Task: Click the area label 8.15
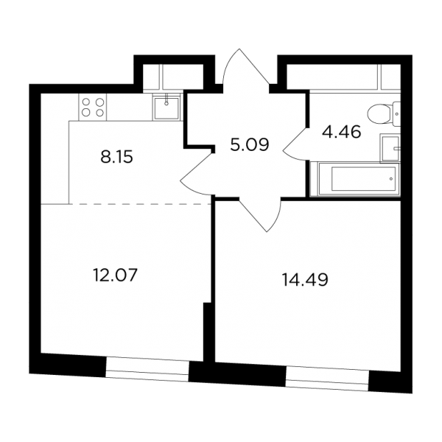coord(116,157)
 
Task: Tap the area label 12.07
coord(115,275)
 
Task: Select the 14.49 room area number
coord(305,280)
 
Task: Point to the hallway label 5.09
coord(250,145)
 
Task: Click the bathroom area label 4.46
coord(341,132)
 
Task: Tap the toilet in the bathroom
coord(384,114)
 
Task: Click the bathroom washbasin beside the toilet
coord(390,148)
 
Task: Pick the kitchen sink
coord(166,108)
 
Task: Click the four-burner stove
coord(93,108)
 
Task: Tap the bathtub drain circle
coord(391,179)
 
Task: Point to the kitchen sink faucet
coord(166,99)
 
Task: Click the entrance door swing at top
coord(245,67)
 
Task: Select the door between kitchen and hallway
coord(197,174)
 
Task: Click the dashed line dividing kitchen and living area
coord(141,203)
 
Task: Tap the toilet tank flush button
coord(397,114)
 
